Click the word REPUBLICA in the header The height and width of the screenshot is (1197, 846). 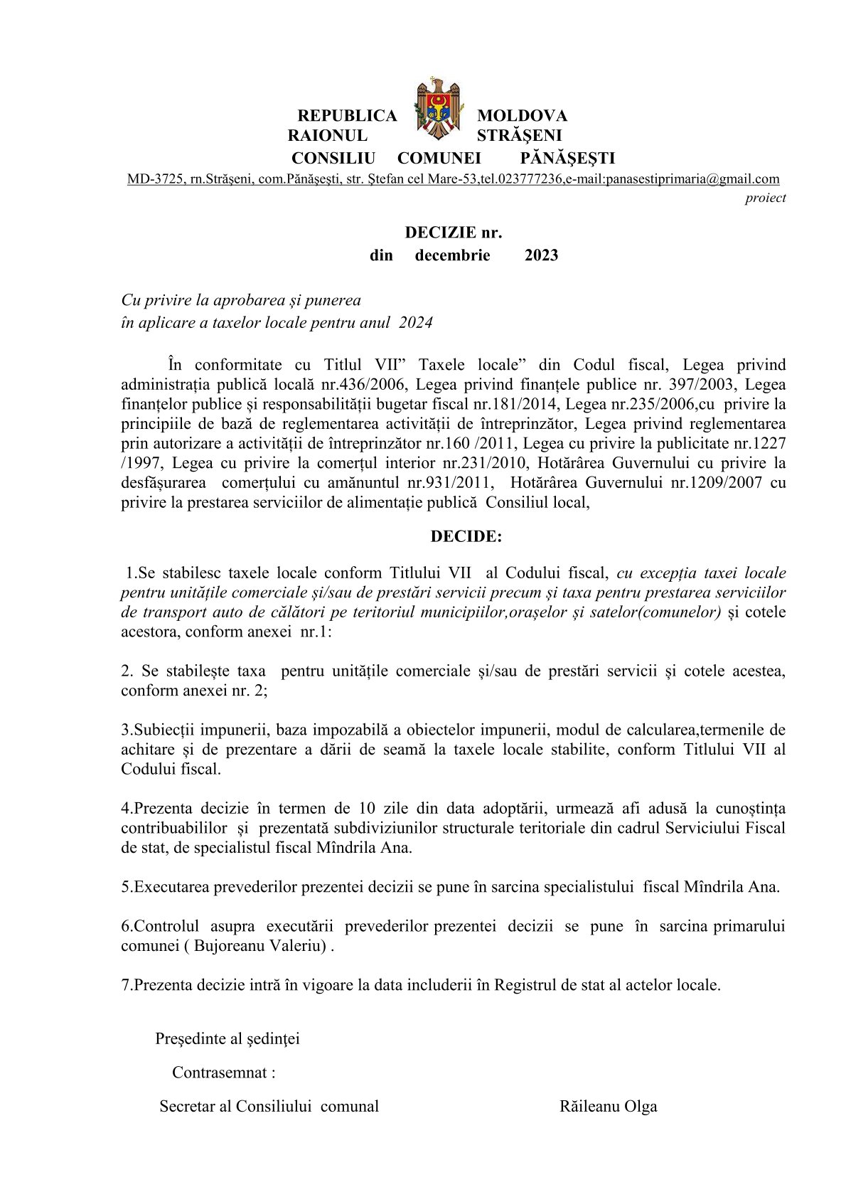(347, 115)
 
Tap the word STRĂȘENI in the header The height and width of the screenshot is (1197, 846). (519, 135)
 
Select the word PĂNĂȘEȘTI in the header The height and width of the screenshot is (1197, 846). (567, 158)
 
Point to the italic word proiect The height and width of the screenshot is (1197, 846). (765, 198)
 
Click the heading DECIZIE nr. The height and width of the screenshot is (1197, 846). (454, 233)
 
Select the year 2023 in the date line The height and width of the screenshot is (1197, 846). (541, 255)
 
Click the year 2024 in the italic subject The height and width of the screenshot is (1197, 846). (416, 322)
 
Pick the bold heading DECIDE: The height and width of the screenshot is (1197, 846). (466, 536)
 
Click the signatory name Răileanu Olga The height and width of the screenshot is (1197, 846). (608, 1106)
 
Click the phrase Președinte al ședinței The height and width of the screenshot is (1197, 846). (227, 1038)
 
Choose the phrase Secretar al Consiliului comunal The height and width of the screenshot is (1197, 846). (269, 1106)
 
